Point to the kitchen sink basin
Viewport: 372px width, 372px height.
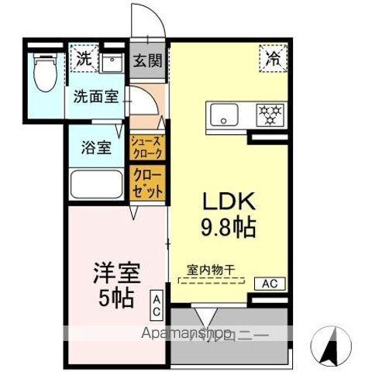point(226,116)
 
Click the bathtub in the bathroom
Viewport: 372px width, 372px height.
point(96,186)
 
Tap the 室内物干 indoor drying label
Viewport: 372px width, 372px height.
point(211,270)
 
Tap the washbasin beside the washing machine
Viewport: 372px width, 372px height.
point(112,60)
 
